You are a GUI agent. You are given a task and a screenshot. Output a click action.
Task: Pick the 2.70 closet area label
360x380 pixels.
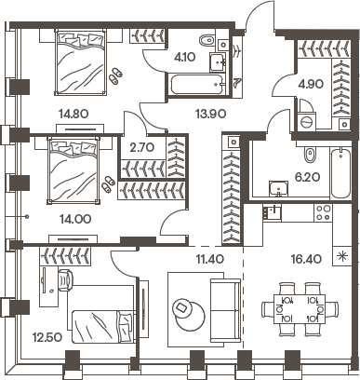coord(142,148)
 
